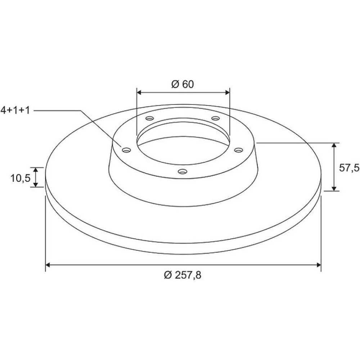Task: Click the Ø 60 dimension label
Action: point(183,84)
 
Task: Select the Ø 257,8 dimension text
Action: point(183,275)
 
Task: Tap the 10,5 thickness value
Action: point(21,178)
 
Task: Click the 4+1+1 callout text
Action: point(15,110)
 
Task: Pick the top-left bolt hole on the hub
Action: point(150,118)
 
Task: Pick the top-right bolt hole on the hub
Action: point(216,118)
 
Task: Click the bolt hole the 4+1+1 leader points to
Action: point(126,150)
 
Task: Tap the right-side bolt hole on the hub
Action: point(239,150)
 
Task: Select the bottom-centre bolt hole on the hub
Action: point(183,171)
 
